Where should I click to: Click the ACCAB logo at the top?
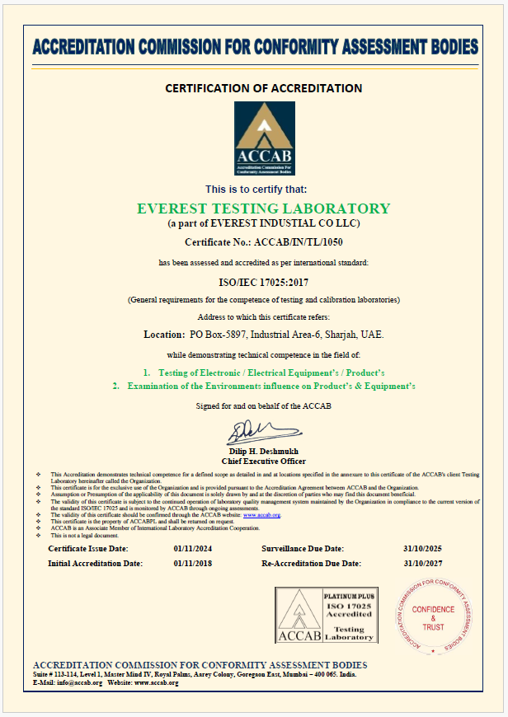(264, 138)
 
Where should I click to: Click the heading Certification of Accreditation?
(264, 88)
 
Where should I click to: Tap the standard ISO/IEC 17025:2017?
(264, 281)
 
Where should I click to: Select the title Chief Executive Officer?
(264, 462)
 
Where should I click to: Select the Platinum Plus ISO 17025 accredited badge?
(326, 614)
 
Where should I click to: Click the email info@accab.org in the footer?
(79, 683)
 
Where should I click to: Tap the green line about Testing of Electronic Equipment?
(264, 373)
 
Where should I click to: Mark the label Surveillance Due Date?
(303, 549)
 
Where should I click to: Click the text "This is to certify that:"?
(262, 190)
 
